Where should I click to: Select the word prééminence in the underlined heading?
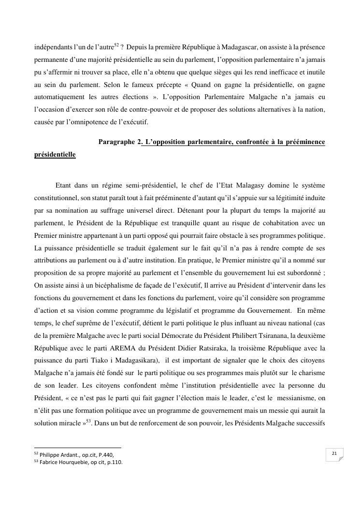coord(304,142)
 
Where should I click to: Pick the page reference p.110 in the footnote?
coord(114,462)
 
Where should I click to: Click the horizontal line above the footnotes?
coord(77,448)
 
